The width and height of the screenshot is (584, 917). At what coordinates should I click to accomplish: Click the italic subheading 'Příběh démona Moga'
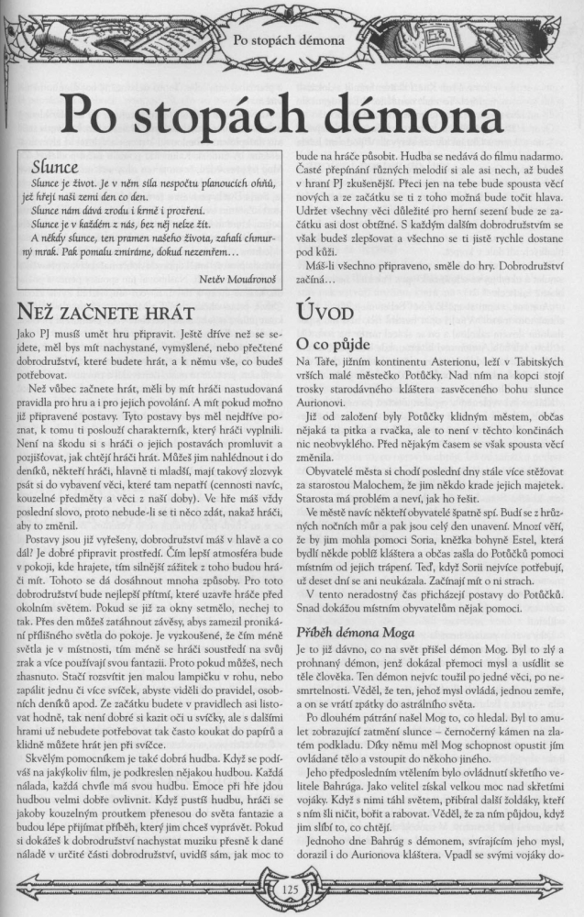(360, 635)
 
